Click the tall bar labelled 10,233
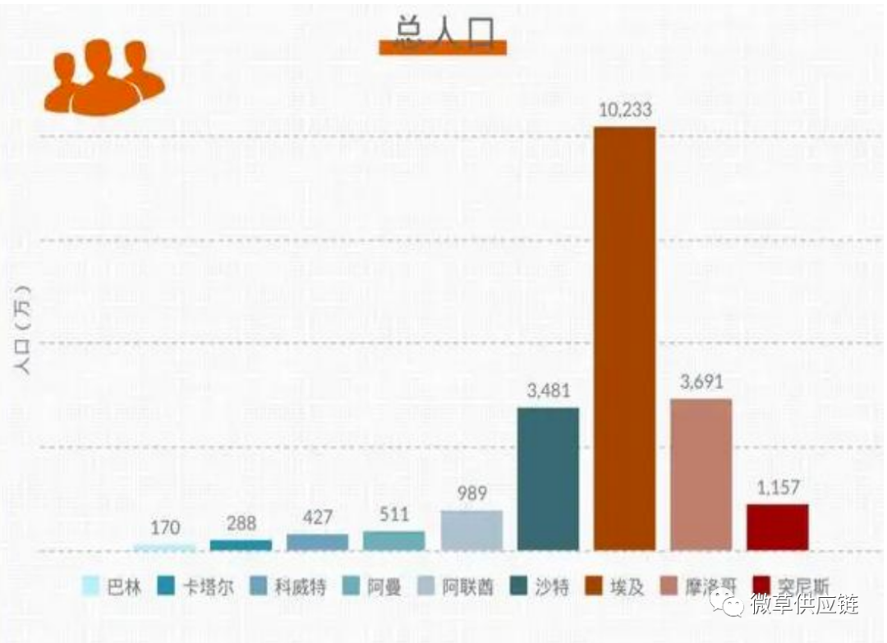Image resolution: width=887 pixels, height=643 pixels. click(x=624, y=338)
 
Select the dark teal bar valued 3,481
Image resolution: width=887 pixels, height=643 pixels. click(x=548, y=478)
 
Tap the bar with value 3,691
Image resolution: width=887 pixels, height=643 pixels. click(x=701, y=474)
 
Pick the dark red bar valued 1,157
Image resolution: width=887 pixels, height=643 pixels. click(x=777, y=526)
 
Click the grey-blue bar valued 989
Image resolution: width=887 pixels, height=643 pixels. click(x=471, y=530)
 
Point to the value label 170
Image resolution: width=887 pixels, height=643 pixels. click(x=165, y=527)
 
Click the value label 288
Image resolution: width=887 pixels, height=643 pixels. click(x=241, y=522)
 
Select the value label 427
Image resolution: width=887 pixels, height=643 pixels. click(x=317, y=517)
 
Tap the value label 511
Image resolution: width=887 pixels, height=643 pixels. click(x=394, y=515)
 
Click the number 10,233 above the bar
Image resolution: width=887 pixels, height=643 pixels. click(x=624, y=111)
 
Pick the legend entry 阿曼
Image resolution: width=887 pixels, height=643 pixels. click(x=374, y=586)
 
